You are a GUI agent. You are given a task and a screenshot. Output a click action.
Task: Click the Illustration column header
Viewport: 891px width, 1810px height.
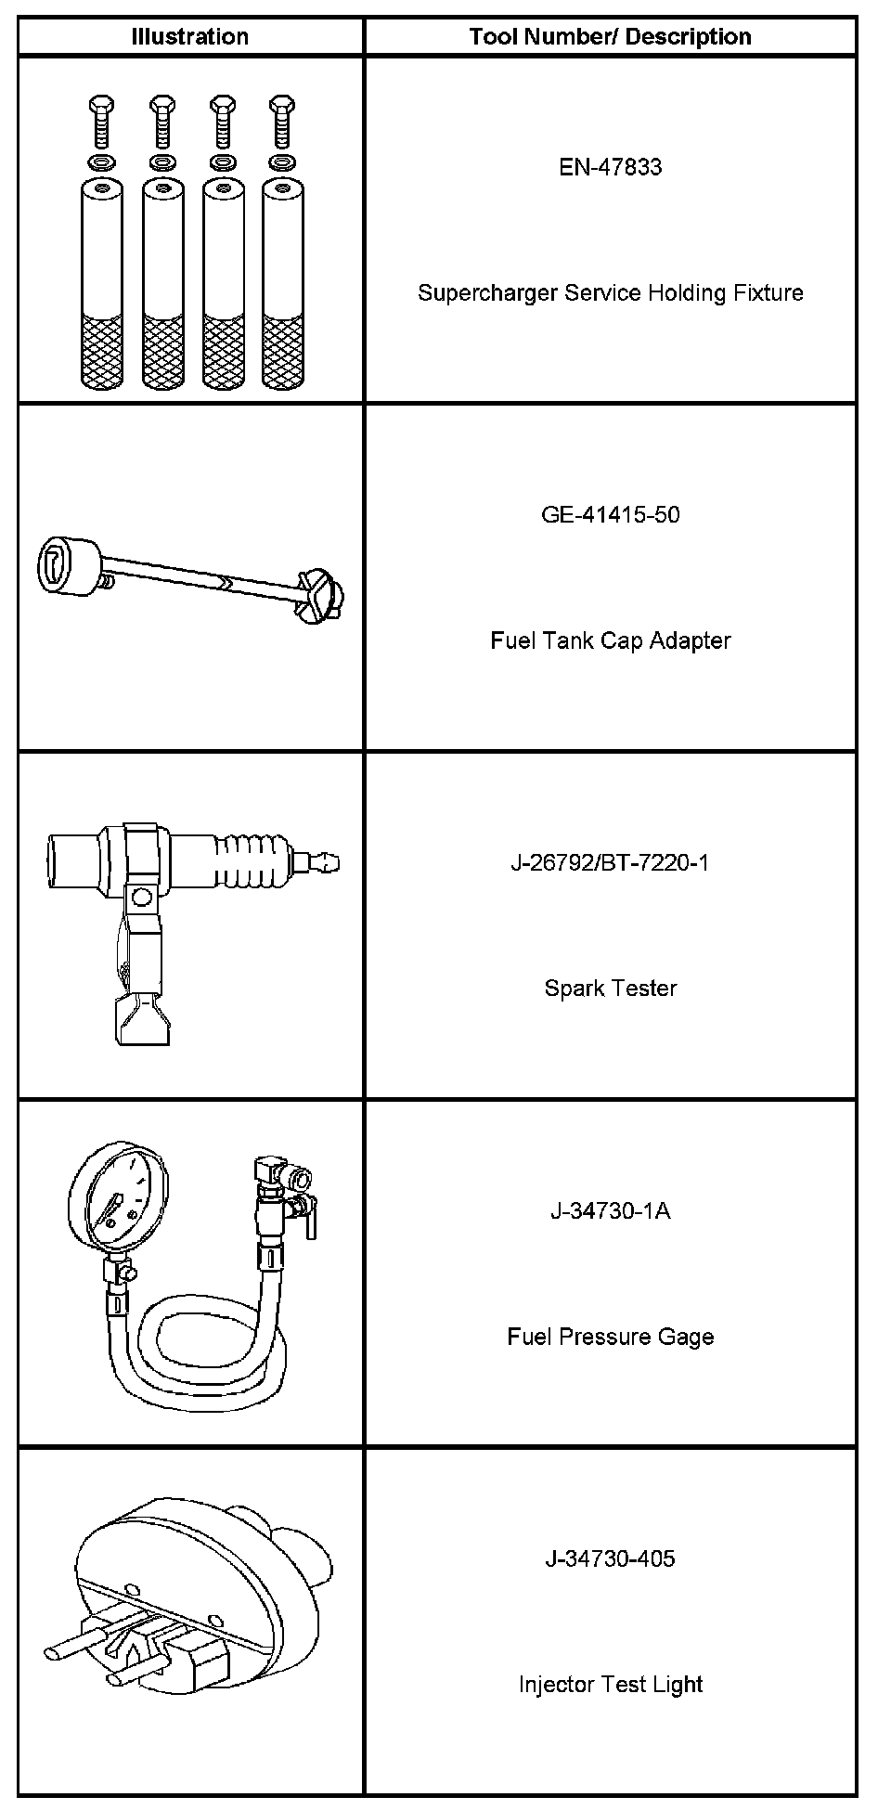[189, 37]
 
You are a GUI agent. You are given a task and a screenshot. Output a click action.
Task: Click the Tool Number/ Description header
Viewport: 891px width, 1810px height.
[610, 37]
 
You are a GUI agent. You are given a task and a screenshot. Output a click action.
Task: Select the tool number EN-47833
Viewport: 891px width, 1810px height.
[610, 167]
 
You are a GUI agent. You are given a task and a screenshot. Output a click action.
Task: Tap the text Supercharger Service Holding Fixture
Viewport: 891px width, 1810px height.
[610, 293]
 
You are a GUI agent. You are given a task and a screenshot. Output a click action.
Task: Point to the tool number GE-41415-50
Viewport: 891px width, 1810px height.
[610, 515]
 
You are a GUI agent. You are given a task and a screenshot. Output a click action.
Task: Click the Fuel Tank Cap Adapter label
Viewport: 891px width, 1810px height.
[610, 641]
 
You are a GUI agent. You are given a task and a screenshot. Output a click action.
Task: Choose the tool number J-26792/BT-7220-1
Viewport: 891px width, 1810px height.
[610, 863]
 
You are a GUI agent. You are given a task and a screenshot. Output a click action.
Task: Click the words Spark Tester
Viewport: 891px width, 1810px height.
[610, 989]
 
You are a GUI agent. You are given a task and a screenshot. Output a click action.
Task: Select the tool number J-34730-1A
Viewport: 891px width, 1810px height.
[610, 1211]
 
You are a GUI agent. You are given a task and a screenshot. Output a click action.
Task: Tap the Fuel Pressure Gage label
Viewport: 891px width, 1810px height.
[610, 1338]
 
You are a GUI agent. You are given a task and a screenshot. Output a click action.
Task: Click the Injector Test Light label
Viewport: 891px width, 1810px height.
[610, 1685]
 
